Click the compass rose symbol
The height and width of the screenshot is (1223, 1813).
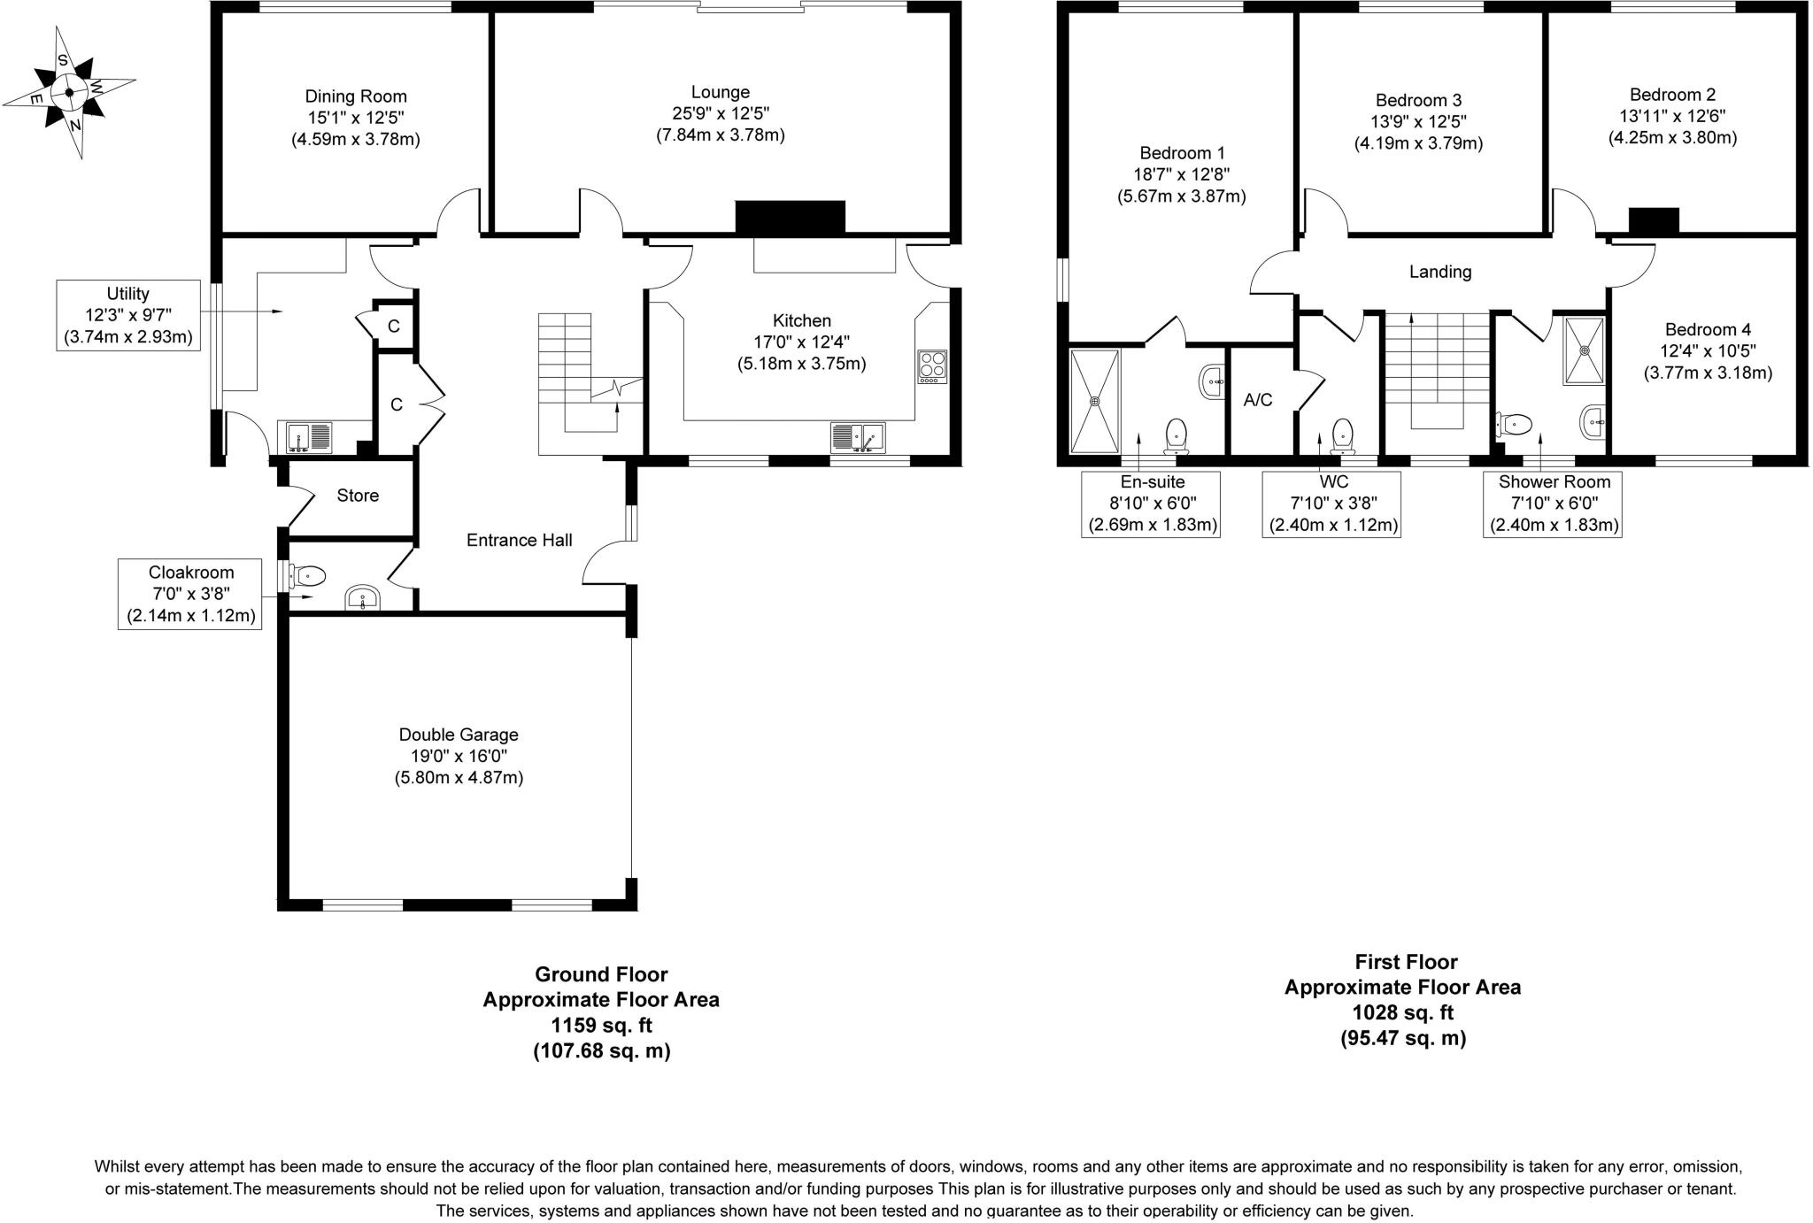point(68,92)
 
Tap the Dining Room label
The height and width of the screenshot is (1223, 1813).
point(356,96)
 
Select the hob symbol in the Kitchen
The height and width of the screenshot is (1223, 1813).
point(931,365)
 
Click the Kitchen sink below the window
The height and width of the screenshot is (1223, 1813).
point(857,438)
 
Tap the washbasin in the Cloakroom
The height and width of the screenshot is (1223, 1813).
point(363,598)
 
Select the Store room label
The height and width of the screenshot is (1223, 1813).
point(358,496)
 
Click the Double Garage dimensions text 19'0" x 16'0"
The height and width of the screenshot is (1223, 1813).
point(459,757)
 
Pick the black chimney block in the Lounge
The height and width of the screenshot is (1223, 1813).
point(790,217)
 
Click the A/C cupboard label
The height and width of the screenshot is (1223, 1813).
point(1258,400)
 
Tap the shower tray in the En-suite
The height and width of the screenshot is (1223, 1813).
point(1095,401)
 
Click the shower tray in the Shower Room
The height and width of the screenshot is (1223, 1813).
point(1584,350)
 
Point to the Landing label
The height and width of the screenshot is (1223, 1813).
point(1440,272)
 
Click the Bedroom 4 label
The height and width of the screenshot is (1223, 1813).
point(1708,329)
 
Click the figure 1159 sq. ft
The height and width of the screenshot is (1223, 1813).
point(601,1026)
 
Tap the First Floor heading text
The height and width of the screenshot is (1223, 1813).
point(1406,962)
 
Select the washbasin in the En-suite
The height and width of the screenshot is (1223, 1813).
point(1212,382)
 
